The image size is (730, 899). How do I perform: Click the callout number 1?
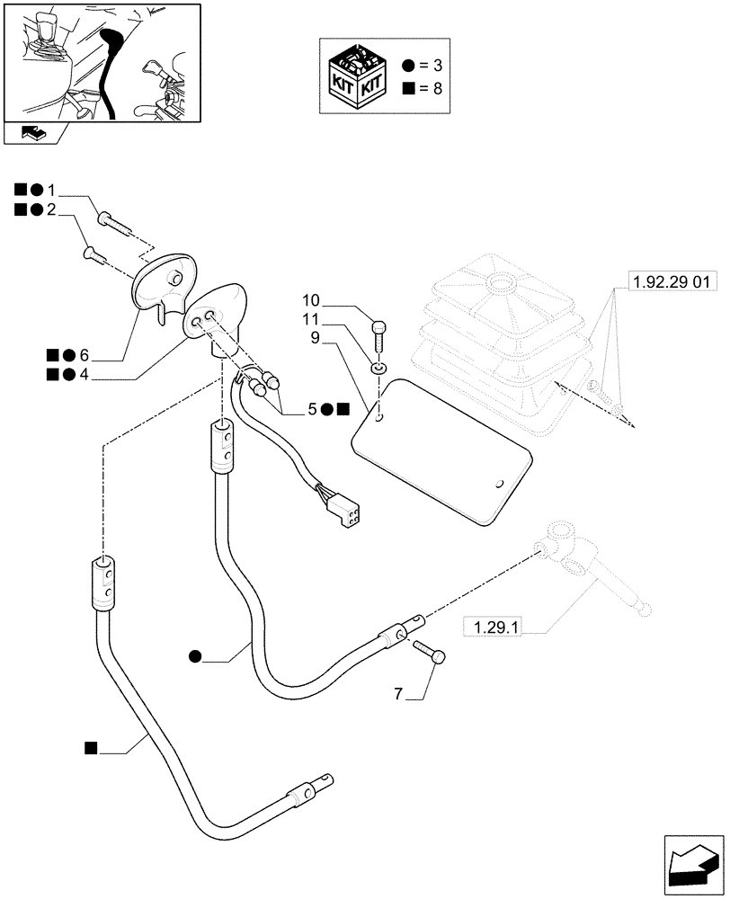coord(51,191)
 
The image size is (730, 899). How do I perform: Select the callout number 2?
coord(51,209)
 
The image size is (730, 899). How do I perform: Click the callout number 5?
coord(312,409)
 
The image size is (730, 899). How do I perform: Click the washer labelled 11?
coord(379,367)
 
